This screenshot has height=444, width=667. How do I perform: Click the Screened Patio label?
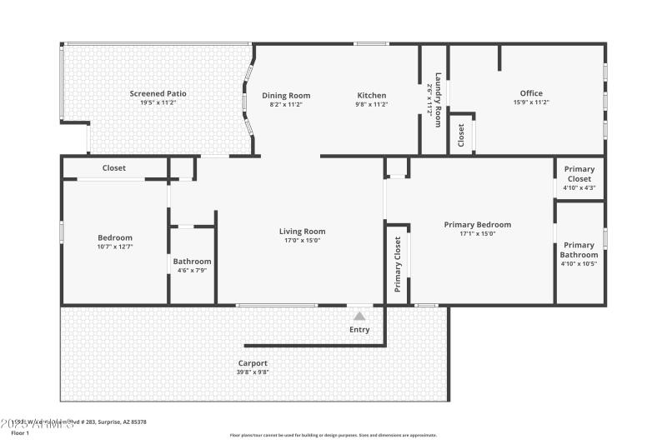click(158, 94)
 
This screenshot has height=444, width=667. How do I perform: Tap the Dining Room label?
click(286, 95)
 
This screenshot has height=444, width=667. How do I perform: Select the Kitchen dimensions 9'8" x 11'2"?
click(372, 104)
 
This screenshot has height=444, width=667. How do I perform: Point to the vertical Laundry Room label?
click(434, 98)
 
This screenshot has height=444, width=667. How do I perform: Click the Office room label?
click(531, 93)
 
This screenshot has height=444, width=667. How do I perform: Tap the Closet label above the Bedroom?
click(114, 168)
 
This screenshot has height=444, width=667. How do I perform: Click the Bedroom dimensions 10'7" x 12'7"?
click(115, 247)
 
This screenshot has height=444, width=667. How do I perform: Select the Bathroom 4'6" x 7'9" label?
click(192, 266)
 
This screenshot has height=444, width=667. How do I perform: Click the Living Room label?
click(302, 232)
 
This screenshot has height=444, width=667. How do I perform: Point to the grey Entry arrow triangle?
click(359, 316)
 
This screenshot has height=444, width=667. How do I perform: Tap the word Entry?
click(359, 330)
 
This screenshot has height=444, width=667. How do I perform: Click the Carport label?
click(253, 363)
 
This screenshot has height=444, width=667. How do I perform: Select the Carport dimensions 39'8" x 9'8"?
click(253, 372)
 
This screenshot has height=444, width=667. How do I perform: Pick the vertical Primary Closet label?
click(398, 264)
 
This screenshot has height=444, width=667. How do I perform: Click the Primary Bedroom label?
click(477, 225)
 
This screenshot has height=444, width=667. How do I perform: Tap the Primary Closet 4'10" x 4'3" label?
click(579, 178)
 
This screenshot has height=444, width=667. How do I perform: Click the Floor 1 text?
click(19, 433)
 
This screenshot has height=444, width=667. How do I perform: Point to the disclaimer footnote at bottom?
click(333, 435)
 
